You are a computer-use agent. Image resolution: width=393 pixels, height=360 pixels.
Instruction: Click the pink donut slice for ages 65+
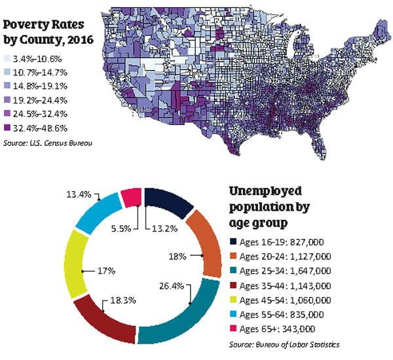click(131, 197)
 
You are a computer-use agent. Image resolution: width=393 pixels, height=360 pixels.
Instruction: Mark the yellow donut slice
click(75, 263)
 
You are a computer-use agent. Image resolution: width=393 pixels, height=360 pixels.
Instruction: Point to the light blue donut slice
click(98, 213)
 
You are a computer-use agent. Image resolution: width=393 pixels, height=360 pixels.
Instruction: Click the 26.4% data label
click(172, 286)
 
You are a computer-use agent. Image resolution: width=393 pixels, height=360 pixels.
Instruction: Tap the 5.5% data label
click(121, 228)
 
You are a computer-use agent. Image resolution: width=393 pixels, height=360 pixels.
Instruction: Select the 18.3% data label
click(123, 300)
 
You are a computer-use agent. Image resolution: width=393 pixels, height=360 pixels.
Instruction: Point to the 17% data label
click(106, 271)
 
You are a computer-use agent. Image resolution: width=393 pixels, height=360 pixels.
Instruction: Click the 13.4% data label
click(79, 194)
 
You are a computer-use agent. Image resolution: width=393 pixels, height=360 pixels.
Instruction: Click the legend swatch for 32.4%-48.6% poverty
click(7, 128)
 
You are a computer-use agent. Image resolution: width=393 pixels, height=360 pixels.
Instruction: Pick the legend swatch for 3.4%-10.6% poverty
click(7, 59)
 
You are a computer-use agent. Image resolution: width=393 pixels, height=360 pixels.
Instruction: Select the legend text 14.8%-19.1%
click(40, 86)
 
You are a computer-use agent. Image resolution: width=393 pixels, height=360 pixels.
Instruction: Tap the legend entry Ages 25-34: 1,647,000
click(285, 271)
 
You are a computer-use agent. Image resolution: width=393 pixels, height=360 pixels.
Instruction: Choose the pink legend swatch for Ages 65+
click(233, 328)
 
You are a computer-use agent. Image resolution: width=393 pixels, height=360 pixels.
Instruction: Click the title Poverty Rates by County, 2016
click(48, 32)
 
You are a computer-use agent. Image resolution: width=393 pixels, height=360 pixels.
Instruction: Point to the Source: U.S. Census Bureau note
click(48, 143)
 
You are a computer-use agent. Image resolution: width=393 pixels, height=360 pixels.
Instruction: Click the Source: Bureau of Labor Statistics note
click(284, 344)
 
